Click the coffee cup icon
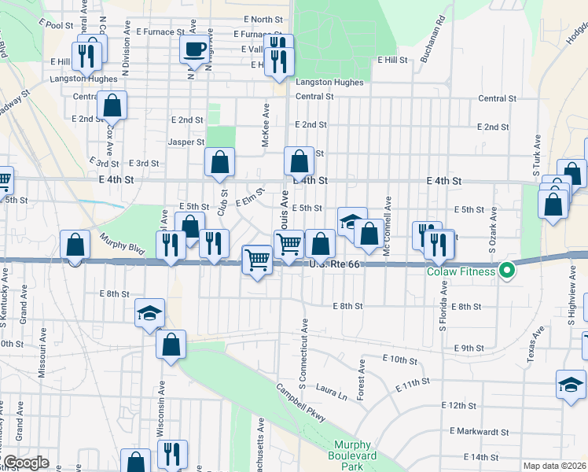tap(194, 49)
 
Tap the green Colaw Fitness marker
tap(507, 272)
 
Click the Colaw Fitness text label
tap(461, 272)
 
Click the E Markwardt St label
tap(480, 431)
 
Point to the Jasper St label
tap(186, 142)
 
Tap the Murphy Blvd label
tap(122, 243)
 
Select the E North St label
tap(263, 19)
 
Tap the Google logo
tap(25, 463)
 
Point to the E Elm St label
tap(248, 196)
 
